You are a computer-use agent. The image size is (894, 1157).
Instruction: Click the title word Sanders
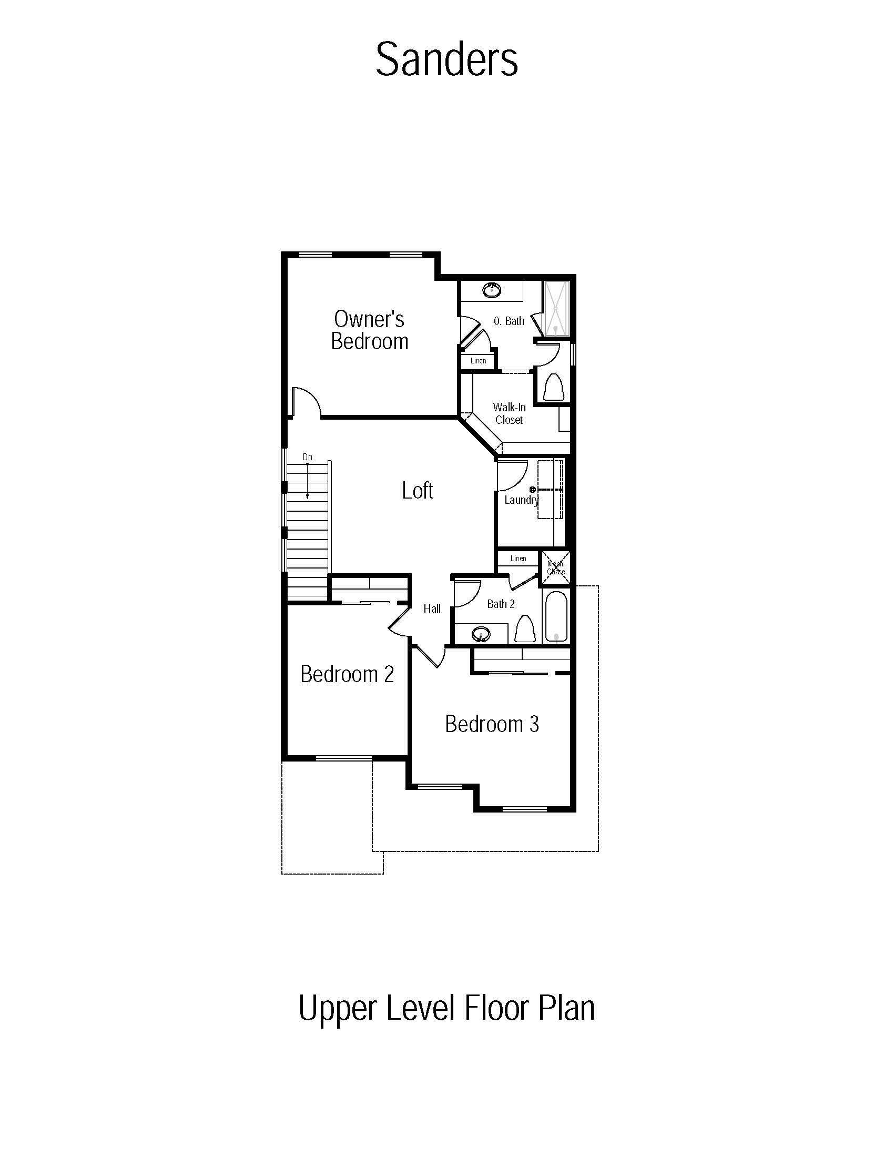coord(446,59)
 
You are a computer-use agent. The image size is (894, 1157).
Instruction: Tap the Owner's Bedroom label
coord(370,330)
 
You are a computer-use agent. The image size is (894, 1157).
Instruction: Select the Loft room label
coord(418,491)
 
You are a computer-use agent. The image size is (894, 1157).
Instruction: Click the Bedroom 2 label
coord(347,674)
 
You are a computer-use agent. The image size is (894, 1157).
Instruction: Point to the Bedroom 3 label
coord(492,724)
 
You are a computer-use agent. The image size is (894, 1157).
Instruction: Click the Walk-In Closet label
coord(509,413)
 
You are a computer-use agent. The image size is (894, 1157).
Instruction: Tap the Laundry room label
coord(521,500)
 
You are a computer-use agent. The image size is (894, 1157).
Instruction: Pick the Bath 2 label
coord(501,604)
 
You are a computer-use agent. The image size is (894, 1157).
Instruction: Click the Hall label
coord(432,608)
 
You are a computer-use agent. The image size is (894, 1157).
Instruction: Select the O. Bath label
coord(509,321)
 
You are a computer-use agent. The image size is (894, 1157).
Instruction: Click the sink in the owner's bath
coord(492,290)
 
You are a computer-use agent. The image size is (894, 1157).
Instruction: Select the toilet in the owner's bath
coord(554,387)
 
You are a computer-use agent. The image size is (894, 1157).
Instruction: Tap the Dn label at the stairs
coord(308,456)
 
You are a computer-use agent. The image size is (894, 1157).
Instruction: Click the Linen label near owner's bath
coord(478,361)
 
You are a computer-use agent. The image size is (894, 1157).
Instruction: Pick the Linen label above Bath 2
coord(519,559)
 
